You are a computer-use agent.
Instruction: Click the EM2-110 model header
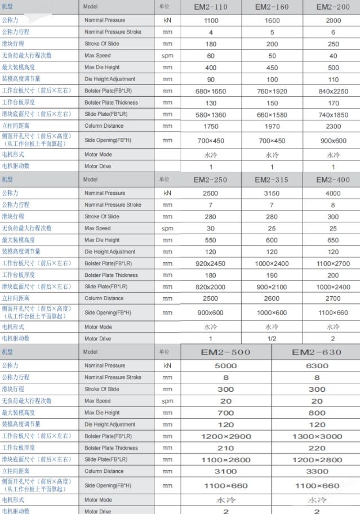[211, 7]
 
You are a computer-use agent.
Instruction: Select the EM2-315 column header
[272, 180]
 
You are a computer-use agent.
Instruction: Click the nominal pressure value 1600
[272, 20]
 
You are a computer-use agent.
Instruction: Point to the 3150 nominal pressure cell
[272, 193]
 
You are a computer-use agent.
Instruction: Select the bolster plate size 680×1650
[211, 91]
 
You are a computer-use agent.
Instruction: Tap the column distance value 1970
[272, 126]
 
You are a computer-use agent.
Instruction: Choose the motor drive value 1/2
[272, 338]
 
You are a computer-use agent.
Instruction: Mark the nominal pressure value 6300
[317, 365]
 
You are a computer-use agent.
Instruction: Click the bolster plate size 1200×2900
[225, 436]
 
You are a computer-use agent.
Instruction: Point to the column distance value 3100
[225, 471]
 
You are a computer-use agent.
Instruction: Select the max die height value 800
[317, 413]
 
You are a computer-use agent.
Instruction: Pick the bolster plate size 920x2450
[211, 263]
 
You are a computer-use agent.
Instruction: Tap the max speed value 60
[211, 55]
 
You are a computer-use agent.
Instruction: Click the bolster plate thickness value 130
[211, 102]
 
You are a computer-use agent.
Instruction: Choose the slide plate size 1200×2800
[317, 460]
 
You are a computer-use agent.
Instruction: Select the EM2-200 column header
[333, 7]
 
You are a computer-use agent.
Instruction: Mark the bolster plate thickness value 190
[272, 275]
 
